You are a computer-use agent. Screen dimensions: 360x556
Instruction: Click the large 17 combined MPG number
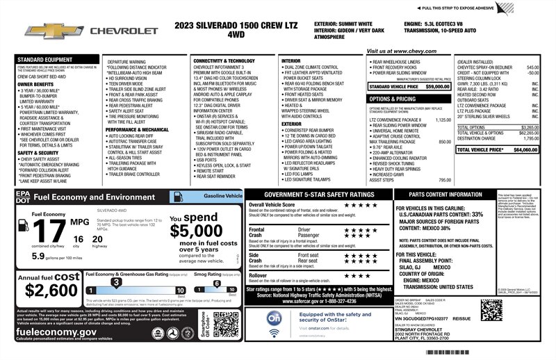click(x=39, y=230)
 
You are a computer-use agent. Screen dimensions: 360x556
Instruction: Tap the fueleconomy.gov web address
click(x=56, y=332)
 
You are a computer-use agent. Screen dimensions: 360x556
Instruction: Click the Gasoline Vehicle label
click(x=220, y=197)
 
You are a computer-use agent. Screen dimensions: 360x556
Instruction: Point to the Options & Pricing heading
click(x=393, y=99)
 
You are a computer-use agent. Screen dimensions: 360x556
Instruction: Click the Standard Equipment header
click(x=44, y=60)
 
